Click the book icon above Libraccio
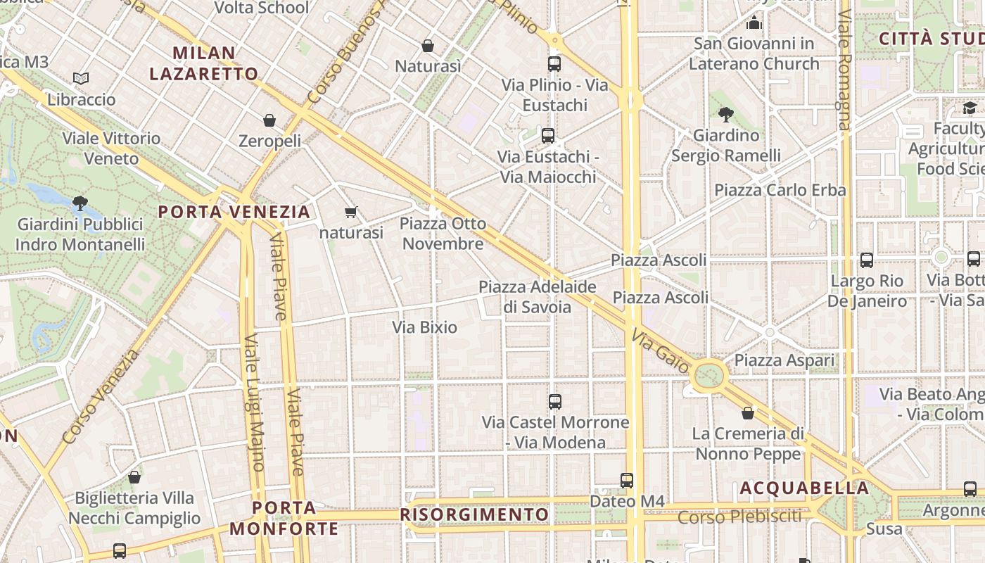point(81,78)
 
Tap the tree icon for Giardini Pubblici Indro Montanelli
point(80,203)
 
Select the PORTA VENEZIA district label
point(234,212)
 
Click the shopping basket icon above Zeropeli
point(269,120)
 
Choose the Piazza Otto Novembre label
point(443,234)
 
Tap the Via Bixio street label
point(424,327)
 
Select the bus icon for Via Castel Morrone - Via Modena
point(555,402)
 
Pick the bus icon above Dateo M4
point(627,481)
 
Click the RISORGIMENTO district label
point(474,514)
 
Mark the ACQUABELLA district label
point(804,488)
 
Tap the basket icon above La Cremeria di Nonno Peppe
point(748,413)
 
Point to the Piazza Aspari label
point(784,360)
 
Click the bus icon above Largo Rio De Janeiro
point(867,260)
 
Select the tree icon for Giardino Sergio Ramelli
point(726,114)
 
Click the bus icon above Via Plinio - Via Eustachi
point(554,64)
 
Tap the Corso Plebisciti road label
point(739,517)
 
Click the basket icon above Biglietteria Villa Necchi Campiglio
point(134,477)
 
